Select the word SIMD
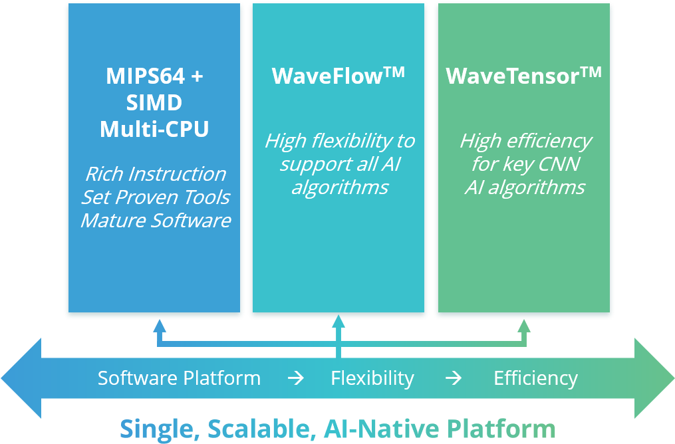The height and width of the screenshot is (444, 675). [154, 103]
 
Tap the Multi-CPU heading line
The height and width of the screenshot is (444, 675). [154, 129]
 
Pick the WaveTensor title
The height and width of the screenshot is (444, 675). [513, 76]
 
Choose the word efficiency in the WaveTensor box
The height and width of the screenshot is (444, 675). [552, 141]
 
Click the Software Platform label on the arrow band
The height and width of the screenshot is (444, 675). [179, 378]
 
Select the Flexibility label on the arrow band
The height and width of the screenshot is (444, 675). [372, 378]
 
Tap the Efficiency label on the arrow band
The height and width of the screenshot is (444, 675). [535, 378]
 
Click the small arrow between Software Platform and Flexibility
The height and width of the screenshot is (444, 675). [295, 378]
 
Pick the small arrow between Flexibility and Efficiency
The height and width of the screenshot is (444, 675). [454, 378]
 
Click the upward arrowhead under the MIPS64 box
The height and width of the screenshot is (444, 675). [159, 325]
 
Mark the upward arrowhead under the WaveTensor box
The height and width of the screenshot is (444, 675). [524, 325]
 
